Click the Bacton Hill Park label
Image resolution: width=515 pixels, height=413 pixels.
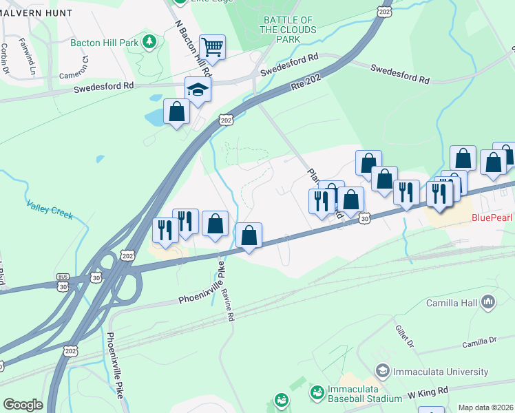pyautogui.click(x=105, y=42)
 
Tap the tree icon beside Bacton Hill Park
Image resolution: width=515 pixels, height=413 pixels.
pyautogui.click(x=149, y=43)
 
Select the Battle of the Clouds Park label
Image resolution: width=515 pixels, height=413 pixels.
pyautogui.click(x=288, y=30)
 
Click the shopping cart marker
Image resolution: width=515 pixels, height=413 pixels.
pyautogui.click(x=213, y=47)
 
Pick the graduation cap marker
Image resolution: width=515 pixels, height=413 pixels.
pyautogui.click(x=198, y=90)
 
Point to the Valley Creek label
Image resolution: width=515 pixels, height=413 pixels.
pyautogui.click(x=50, y=209)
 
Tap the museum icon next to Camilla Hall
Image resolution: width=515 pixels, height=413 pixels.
pyautogui.click(x=489, y=301)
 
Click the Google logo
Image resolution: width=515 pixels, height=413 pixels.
pyautogui.click(x=23, y=405)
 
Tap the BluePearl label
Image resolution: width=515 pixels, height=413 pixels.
pyautogui.click(x=492, y=218)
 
